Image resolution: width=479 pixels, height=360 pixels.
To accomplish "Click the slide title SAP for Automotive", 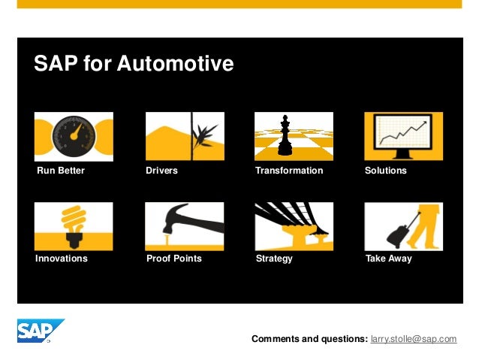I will tap(134, 64).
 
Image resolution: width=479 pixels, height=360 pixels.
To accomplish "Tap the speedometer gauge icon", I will tap(74, 136).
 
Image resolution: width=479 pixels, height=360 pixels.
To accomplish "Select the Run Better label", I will tap(61, 171).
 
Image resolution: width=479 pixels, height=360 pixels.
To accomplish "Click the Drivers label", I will tap(161, 171).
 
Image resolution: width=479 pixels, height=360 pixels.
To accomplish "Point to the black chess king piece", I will tap(285, 136).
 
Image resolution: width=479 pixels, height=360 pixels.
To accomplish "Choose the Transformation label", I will tap(289, 171).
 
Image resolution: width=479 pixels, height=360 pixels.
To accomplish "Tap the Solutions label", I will tap(385, 171).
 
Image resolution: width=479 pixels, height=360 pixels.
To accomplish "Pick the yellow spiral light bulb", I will tap(74, 219).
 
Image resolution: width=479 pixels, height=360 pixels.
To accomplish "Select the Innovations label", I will tap(62, 259).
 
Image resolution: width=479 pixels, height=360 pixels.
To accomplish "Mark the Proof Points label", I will tap(173, 259).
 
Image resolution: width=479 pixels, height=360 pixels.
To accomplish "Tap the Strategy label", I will tap(274, 259).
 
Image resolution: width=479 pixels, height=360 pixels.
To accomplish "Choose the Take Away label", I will tap(388, 259).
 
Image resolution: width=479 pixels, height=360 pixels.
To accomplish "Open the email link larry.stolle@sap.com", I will tap(414, 339).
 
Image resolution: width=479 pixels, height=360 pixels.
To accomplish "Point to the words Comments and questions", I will tap(309, 339).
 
